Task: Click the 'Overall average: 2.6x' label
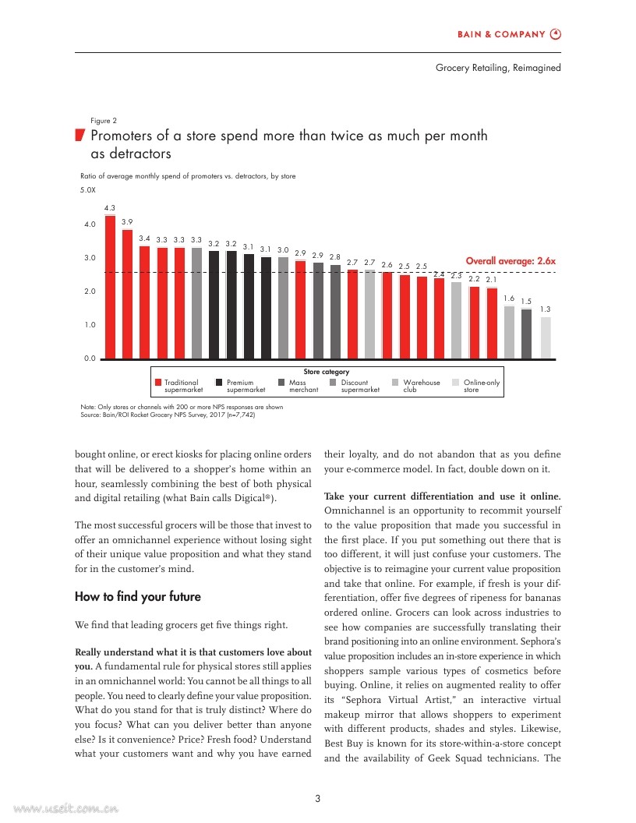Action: [511, 261]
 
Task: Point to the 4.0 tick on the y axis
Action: [90, 224]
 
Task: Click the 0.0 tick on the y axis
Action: [90, 359]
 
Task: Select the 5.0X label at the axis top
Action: [88, 190]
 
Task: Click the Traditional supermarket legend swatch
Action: [158, 383]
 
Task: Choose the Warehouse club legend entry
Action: [421, 386]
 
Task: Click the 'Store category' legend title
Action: [326, 372]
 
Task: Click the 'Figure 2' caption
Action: [104, 121]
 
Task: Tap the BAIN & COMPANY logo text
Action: [500, 34]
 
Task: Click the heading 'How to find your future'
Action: [137, 597]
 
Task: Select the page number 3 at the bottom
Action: [318, 797]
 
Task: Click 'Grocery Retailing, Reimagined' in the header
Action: [498, 68]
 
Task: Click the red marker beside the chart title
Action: [79, 136]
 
